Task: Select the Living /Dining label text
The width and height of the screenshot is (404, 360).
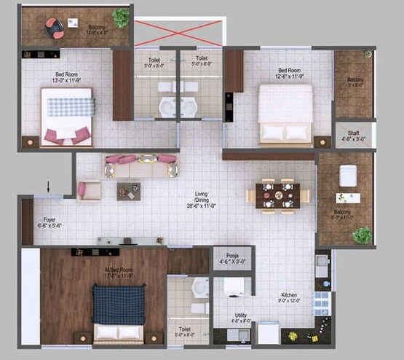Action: (x=201, y=198)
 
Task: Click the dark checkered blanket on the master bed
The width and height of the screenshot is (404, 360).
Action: (x=118, y=304)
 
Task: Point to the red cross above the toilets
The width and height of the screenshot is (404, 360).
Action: (x=178, y=34)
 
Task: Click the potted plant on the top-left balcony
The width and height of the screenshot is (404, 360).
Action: (x=122, y=16)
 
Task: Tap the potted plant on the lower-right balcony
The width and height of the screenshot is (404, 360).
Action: (x=362, y=235)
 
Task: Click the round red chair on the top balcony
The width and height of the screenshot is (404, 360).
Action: (x=55, y=28)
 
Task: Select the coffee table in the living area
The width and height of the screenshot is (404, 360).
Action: (x=129, y=191)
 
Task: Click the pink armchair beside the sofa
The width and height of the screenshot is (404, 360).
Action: (x=90, y=189)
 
